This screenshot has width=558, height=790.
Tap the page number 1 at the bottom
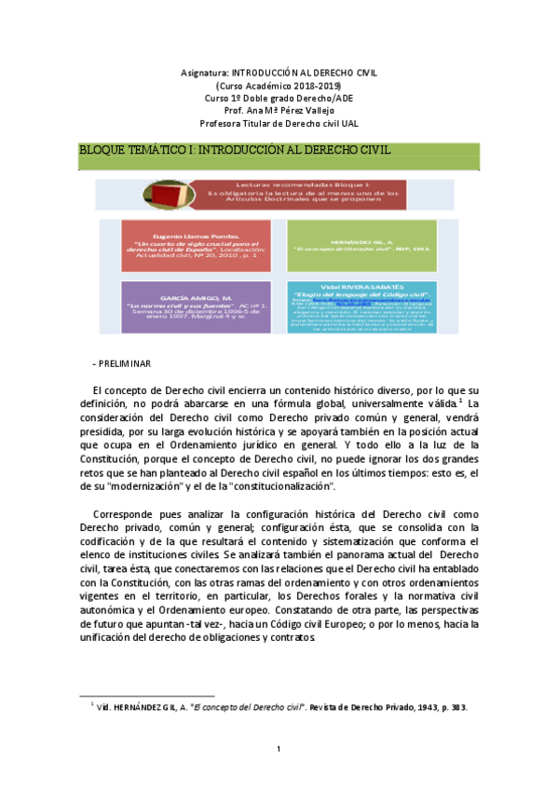279,748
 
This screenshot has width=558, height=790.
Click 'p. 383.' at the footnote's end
452,707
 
